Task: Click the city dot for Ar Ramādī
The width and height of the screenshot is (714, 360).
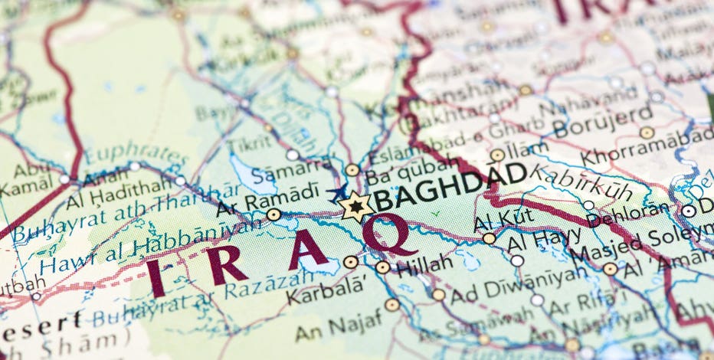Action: tap(273, 214)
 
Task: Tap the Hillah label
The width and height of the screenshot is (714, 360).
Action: tap(421, 266)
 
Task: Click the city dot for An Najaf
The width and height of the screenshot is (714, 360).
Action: tap(392, 305)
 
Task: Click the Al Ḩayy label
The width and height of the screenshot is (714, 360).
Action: tap(537, 238)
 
